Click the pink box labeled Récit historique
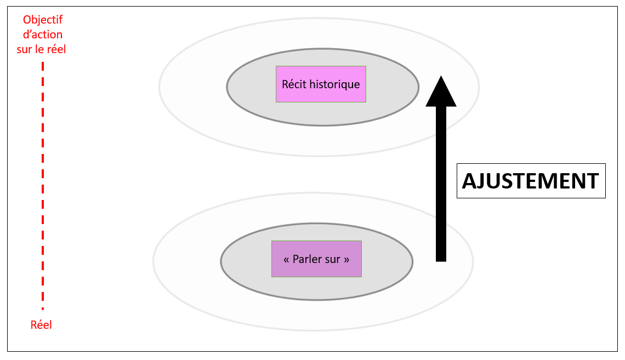[321, 84]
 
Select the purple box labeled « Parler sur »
[316, 259]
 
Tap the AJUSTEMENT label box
[531, 181]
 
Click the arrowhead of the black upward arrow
[441, 93]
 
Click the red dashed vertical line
[43, 186]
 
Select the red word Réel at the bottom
[41, 325]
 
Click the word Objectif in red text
[43, 20]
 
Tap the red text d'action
[43, 35]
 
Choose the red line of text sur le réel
[43, 49]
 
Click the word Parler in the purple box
[309, 259]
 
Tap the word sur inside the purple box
[333, 259]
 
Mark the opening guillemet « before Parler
[287, 259]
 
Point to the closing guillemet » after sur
[346, 259]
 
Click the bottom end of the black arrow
[441, 260]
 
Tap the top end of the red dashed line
[43, 64]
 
